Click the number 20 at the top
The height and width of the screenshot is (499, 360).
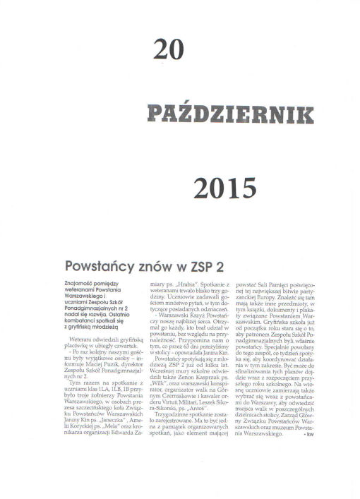point(168,49)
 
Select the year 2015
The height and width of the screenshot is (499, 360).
point(224,188)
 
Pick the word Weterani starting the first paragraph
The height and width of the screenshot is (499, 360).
point(73,338)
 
